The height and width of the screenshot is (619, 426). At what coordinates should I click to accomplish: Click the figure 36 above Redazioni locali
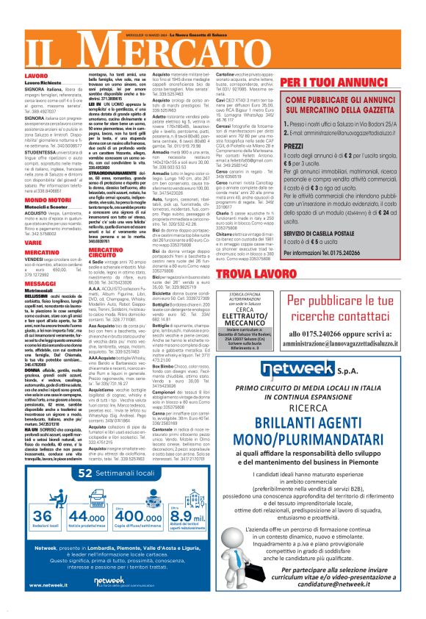tap(43, 517)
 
